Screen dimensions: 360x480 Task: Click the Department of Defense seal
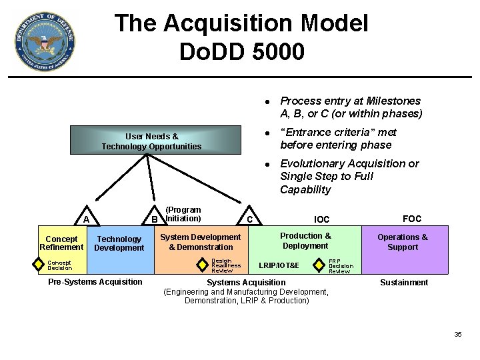pyautogui.click(x=45, y=41)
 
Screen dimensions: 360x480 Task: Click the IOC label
pyautogui.click(x=321, y=219)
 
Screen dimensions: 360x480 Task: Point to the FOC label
pyautogui.click(x=412, y=219)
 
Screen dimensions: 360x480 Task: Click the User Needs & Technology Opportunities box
pyautogui.click(x=151, y=141)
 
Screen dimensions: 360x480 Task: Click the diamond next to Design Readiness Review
pyautogui.click(x=203, y=265)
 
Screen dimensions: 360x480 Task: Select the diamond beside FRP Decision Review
pyautogui.click(x=321, y=265)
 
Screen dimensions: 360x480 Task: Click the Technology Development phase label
pyautogui.click(x=119, y=243)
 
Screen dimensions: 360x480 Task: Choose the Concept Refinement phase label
pyautogui.click(x=61, y=243)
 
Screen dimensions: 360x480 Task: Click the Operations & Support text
pyautogui.click(x=403, y=242)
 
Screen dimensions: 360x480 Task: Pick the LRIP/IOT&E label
pyautogui.click(x=279, y=266)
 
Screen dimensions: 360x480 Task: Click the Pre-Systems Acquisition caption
pyautogui.click(x=95, y=282)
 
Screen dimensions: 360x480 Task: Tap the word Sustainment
pyautogui.click(x=404, y=283)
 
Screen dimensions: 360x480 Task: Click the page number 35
pyautogui.click(x=457, y=334)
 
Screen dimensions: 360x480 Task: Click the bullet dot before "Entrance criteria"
pyautogui.click(x=266, y=133)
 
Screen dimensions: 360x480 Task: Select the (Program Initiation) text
pyautogui.click(x=183, y=214)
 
